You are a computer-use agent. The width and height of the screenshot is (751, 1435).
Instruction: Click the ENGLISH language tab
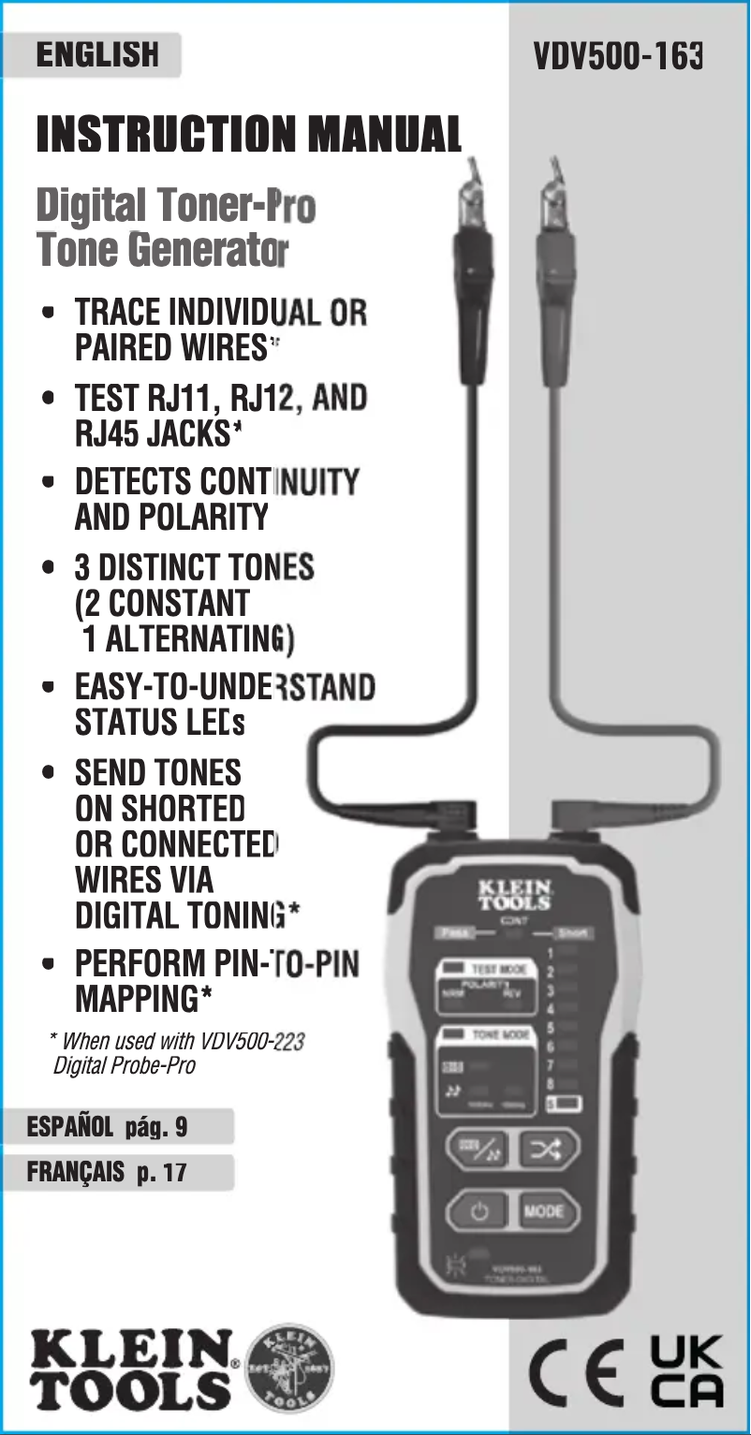click(96, 55)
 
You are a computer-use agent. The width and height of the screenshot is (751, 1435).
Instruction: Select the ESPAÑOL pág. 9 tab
click(108, 1127)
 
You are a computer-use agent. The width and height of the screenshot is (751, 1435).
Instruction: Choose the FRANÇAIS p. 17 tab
click(108, 1172)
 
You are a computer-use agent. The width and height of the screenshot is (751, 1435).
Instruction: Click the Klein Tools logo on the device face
click(514, 894)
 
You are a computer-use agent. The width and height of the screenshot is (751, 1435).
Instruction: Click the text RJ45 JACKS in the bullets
click(154, 435)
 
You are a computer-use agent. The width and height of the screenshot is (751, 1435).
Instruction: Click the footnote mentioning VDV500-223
click(176, 1053)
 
